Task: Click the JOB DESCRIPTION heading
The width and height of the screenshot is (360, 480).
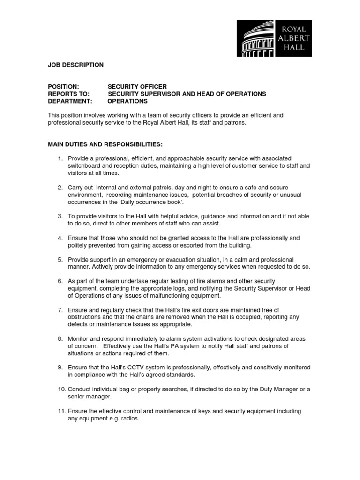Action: tap(75, 65)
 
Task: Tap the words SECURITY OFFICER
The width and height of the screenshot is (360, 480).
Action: tap(137, 87)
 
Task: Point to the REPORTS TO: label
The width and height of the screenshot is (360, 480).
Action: tap(68, 94)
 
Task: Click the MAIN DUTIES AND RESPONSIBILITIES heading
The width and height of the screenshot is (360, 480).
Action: tap(105, 144)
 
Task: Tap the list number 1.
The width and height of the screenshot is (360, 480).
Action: tap(60, 159)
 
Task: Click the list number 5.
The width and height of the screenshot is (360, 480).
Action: tap(60, 260)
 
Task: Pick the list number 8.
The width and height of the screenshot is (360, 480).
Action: tap(60, 339)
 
